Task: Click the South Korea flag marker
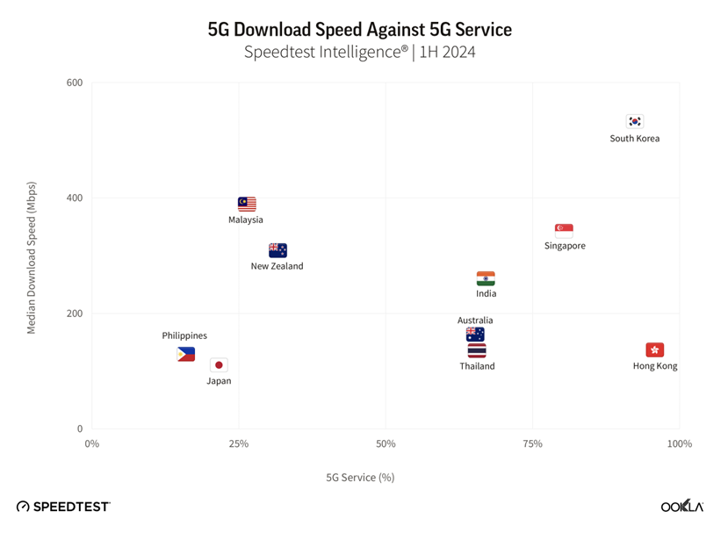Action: click(634, 121)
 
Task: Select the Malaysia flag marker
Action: click(247, 204)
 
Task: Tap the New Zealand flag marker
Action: click(278, 250)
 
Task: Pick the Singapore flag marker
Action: click(564, 230)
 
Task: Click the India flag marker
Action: click(486, 278)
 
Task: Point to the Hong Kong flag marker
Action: click(655, 349)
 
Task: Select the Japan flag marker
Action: click(219, 364)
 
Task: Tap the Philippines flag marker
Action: click(185, 354)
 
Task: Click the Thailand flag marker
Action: click(477, 350)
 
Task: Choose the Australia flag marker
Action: click(475, 335)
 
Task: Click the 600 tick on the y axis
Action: click(74, 83)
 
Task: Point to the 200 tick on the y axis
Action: click(74, 313)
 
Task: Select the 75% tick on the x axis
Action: click(531, 444)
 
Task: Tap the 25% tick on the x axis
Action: click(238, 444)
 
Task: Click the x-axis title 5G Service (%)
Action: click(360, 478)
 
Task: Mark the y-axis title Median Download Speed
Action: click(32, 257)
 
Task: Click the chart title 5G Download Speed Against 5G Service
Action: click(360, 29)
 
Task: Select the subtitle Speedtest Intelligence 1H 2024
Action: click(360, 52)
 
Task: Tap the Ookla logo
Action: click(681, 507)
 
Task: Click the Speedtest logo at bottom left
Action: click(63, 507)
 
